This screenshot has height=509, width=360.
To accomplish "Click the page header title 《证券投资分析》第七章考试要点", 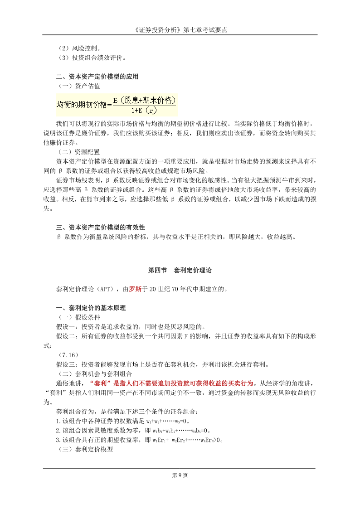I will click(x=180, y=30).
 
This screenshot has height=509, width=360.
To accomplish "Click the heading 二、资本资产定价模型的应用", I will click(x=97, y=77).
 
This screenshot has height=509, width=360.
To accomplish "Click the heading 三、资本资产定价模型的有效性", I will click(x=100, y=227).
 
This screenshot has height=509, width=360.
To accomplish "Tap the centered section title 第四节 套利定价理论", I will click(x=180, y=270).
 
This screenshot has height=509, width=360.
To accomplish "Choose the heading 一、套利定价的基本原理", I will click(x=91, y=308).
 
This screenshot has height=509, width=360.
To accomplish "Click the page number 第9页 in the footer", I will click(x=180, y=475).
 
